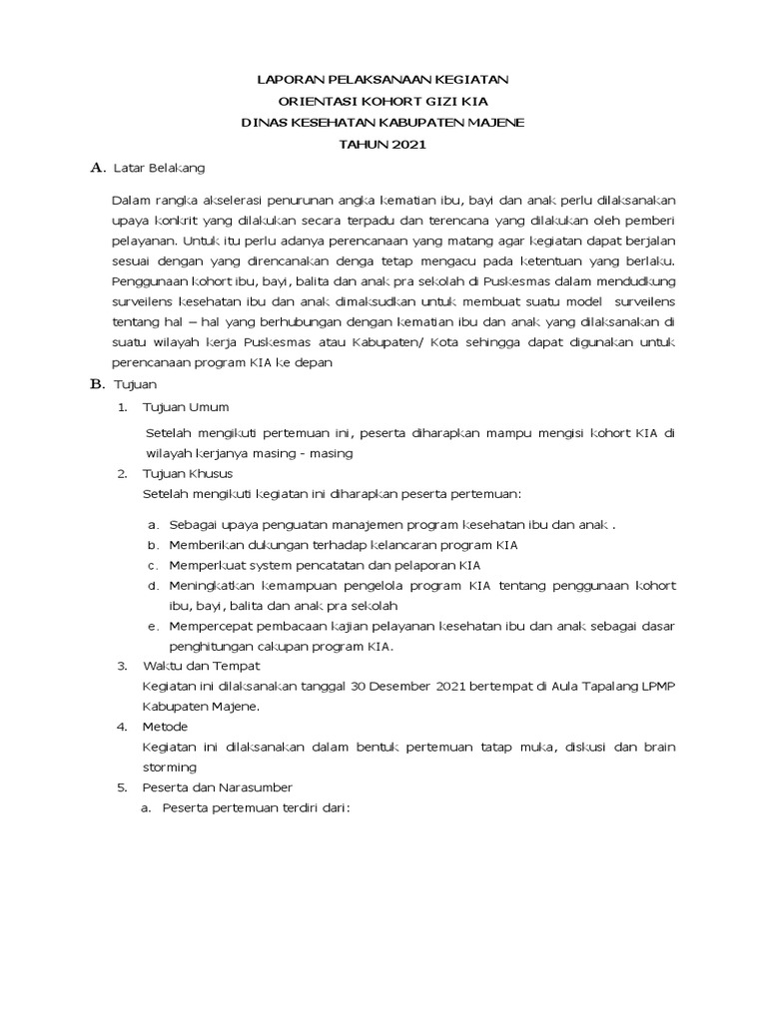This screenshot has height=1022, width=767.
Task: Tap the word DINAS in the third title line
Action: coord(267,123)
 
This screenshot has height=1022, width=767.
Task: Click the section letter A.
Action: coord(96,168)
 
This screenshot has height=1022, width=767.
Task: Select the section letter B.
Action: coord(96,383)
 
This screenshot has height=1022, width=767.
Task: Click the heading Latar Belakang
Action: coord(159,168)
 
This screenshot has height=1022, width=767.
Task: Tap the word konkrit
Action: coord(204,223)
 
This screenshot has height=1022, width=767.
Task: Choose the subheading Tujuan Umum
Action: coord(187,407)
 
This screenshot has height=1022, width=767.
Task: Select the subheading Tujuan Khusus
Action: coord(189,473)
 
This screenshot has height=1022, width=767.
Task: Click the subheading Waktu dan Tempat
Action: coord(202,666)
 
